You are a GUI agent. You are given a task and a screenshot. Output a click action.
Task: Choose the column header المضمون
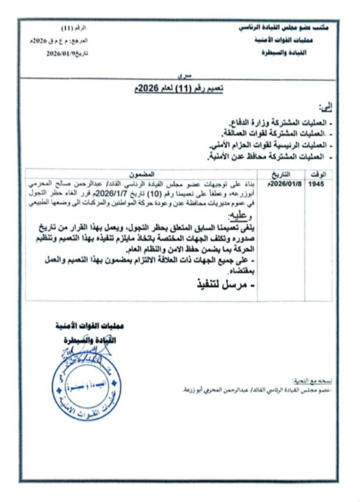click(142, 174)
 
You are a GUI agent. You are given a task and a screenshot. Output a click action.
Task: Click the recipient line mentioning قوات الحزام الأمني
click(268, 145)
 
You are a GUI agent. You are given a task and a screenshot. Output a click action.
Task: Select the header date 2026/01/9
click(59, 54)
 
